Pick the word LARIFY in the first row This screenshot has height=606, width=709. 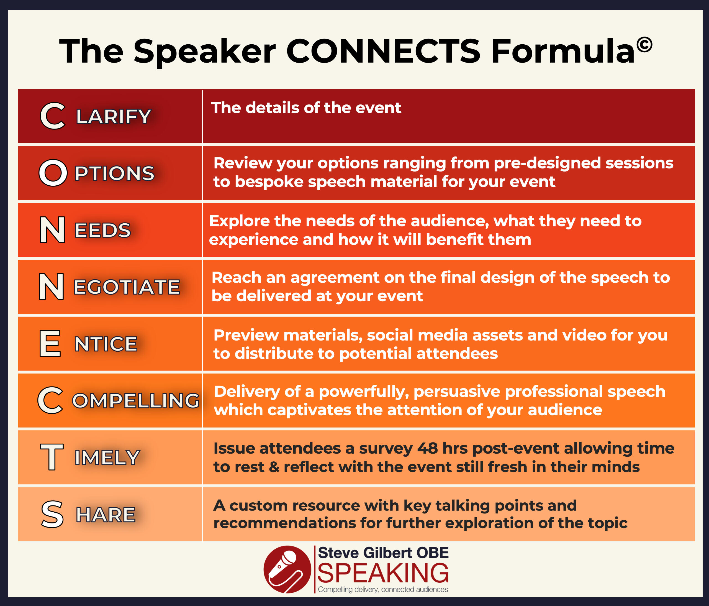point(113,116)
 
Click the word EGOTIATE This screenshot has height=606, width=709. point(127,287)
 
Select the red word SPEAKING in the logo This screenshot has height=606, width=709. point(383,573)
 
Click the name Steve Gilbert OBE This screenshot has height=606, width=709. point(383,553)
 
